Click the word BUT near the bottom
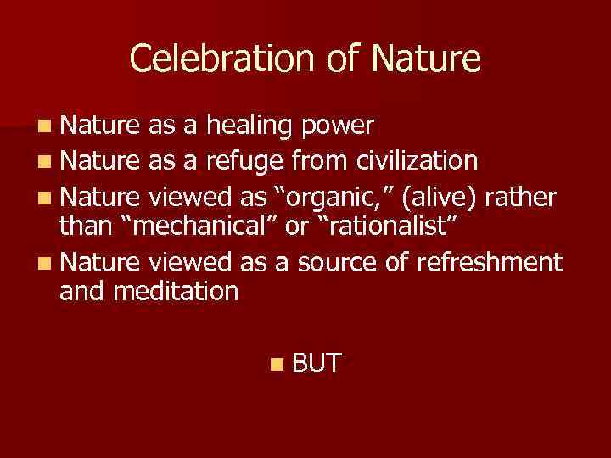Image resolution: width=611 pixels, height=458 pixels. click(317, 365)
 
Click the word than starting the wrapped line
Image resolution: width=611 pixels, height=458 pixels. click(83, 228)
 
